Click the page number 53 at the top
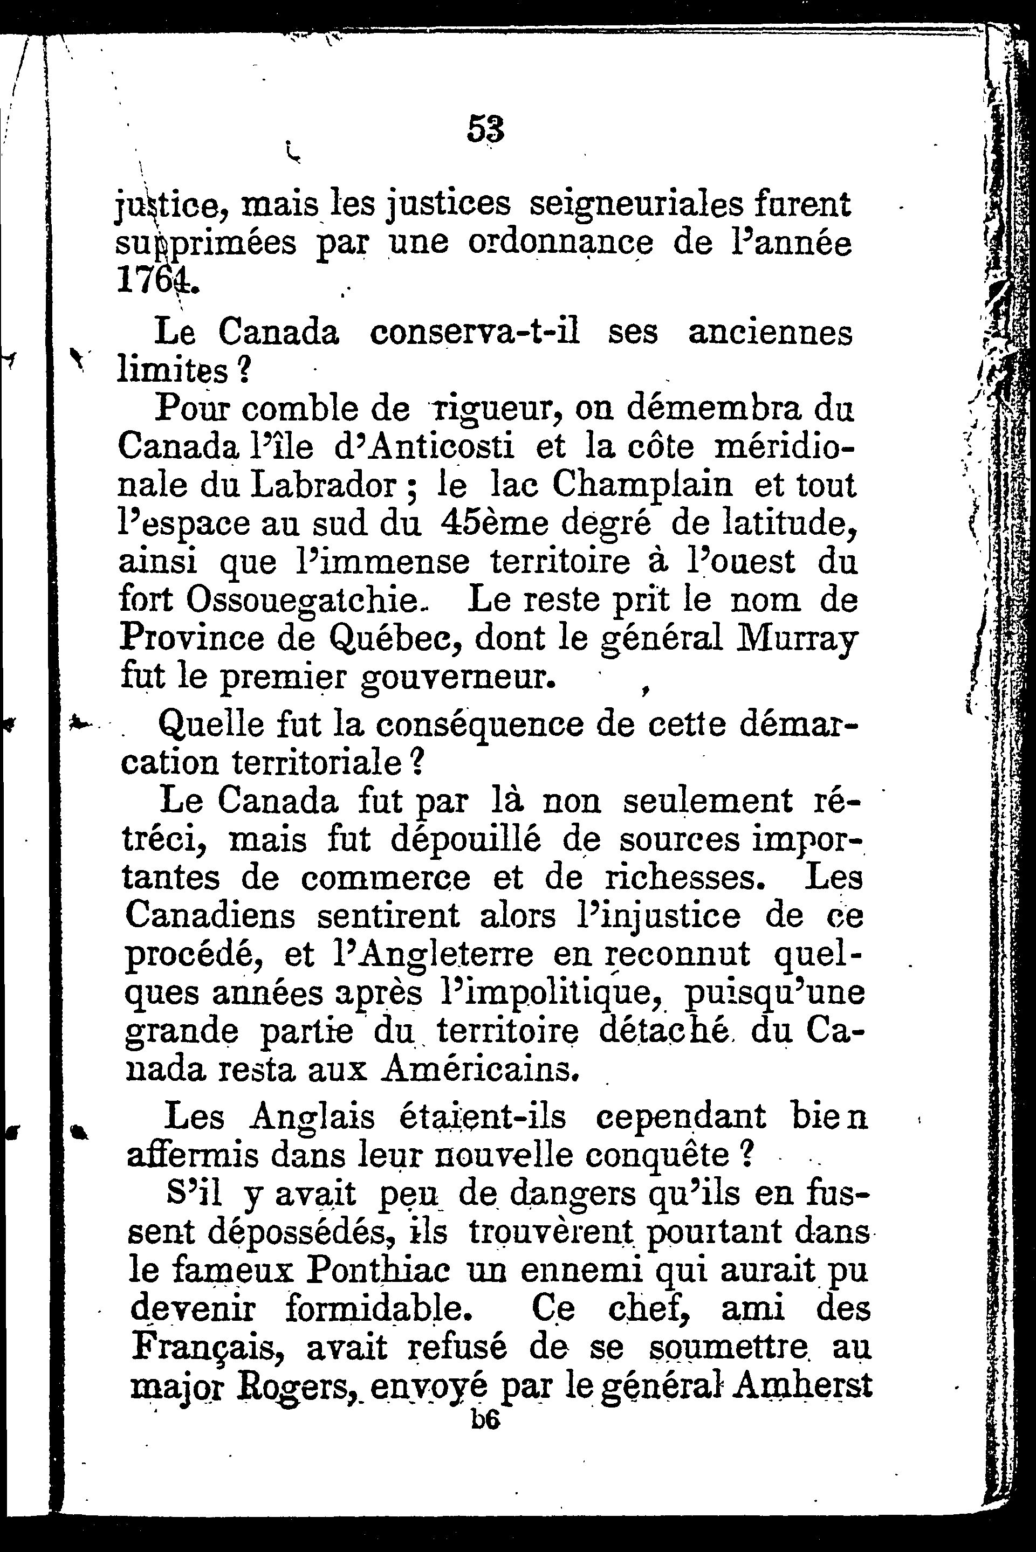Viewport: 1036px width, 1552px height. [485, 129]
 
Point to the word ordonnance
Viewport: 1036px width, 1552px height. [560, 244]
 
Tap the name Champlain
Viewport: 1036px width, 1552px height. [642, 486]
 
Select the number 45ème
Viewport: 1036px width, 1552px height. [493, 525]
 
